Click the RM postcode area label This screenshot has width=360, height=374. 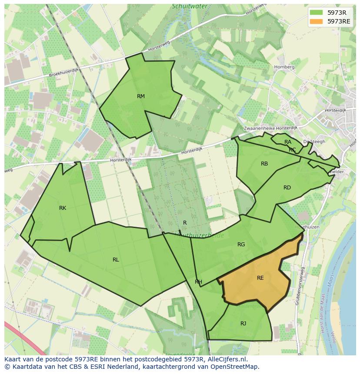(141, 96)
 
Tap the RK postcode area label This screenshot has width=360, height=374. (63, 208)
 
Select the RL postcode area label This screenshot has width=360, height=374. (116, 260)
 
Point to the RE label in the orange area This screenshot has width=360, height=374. (260, 278)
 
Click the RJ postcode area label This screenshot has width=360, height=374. (243, 323)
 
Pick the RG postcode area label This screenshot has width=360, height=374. (241, 245)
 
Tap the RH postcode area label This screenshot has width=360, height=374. (198, 282)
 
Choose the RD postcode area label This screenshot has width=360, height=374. (287, 188)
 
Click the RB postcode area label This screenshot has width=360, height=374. (264, 164)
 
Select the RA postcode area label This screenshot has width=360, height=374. (288, 142)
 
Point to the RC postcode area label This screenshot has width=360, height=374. (292, 150)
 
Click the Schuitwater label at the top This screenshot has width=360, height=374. (190, 7)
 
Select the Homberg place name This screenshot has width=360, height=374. (284, 67)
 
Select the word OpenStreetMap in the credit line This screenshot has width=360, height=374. (235, 367)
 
